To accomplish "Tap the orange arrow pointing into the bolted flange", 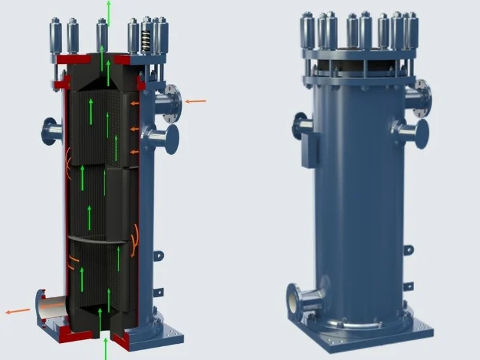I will pyautogui.click(x=195, y=101).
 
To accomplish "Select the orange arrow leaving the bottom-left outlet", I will pyautogui.click(x=18, y=311).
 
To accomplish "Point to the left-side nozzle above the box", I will pyautogui.click(x=301, y=125).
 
